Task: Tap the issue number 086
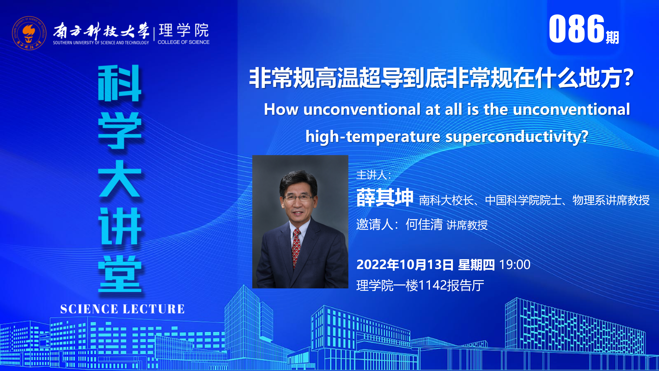[576, 29]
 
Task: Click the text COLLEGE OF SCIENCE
[183, 42]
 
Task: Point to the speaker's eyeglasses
[298, 197]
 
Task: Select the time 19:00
[515, 265]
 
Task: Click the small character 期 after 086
[612, 38]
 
